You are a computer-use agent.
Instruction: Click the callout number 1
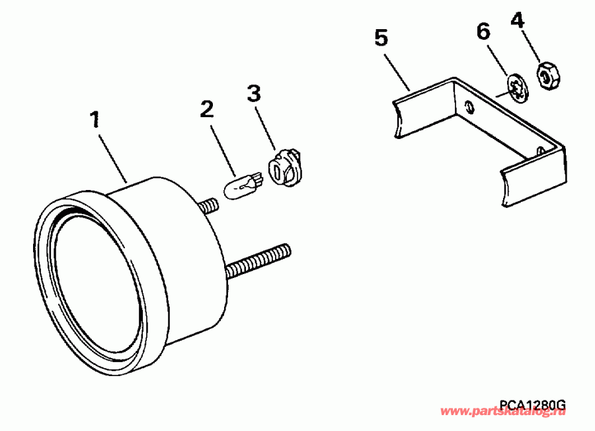tap(95, 120)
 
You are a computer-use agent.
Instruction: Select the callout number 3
tap(254, 93)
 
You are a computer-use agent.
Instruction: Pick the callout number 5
tap(381, 38)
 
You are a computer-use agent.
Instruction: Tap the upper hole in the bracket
tap(468, 107)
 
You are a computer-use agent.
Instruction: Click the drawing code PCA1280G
tap(532, 405)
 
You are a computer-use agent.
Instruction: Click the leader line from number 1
tap(113, 155)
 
